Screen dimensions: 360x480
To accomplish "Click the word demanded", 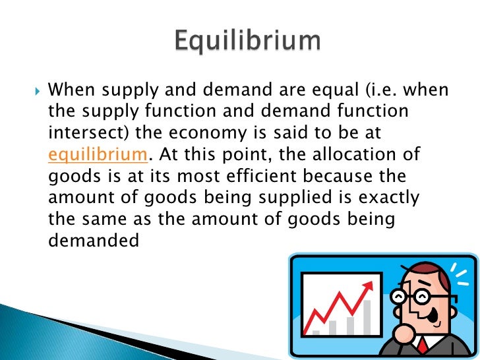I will [94, 241].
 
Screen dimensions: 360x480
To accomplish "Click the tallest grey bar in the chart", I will [367, 317].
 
